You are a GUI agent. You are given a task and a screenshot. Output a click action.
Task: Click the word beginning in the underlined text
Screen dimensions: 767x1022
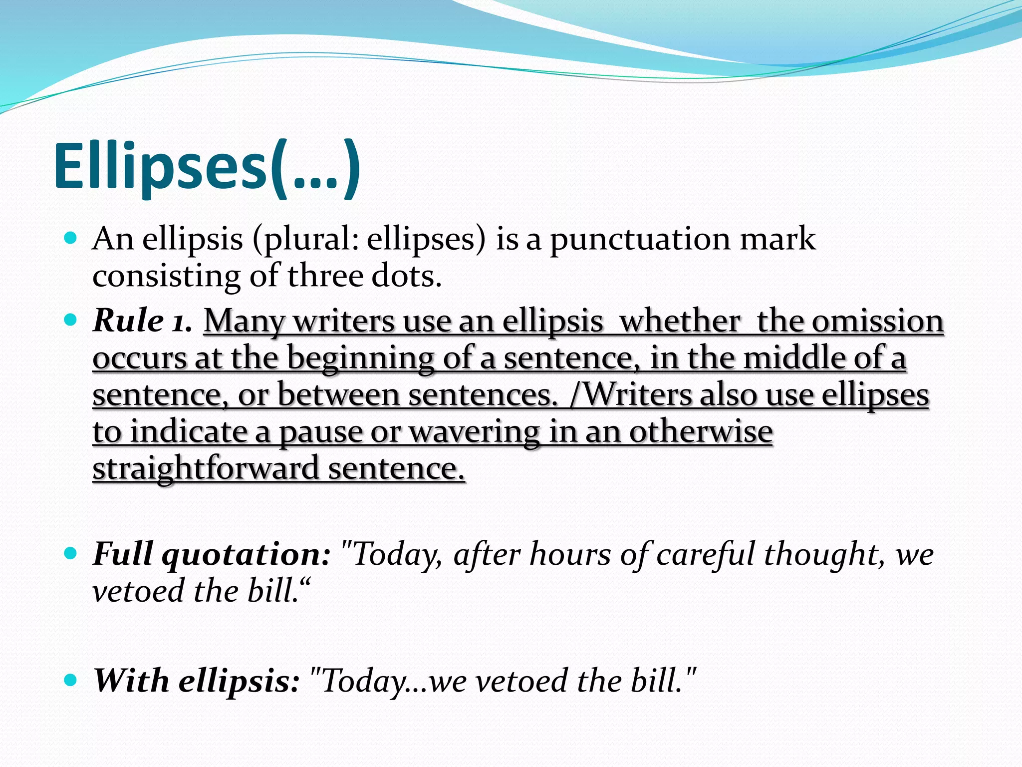[x=360, y=359]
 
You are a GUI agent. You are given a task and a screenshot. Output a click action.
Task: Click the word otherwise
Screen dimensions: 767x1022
[x=701, y=431]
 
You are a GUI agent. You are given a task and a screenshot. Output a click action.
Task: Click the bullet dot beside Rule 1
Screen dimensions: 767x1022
[x=71, y=320]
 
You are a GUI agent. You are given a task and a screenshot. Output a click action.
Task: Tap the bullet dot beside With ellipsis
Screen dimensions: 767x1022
[x=71, y=680]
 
